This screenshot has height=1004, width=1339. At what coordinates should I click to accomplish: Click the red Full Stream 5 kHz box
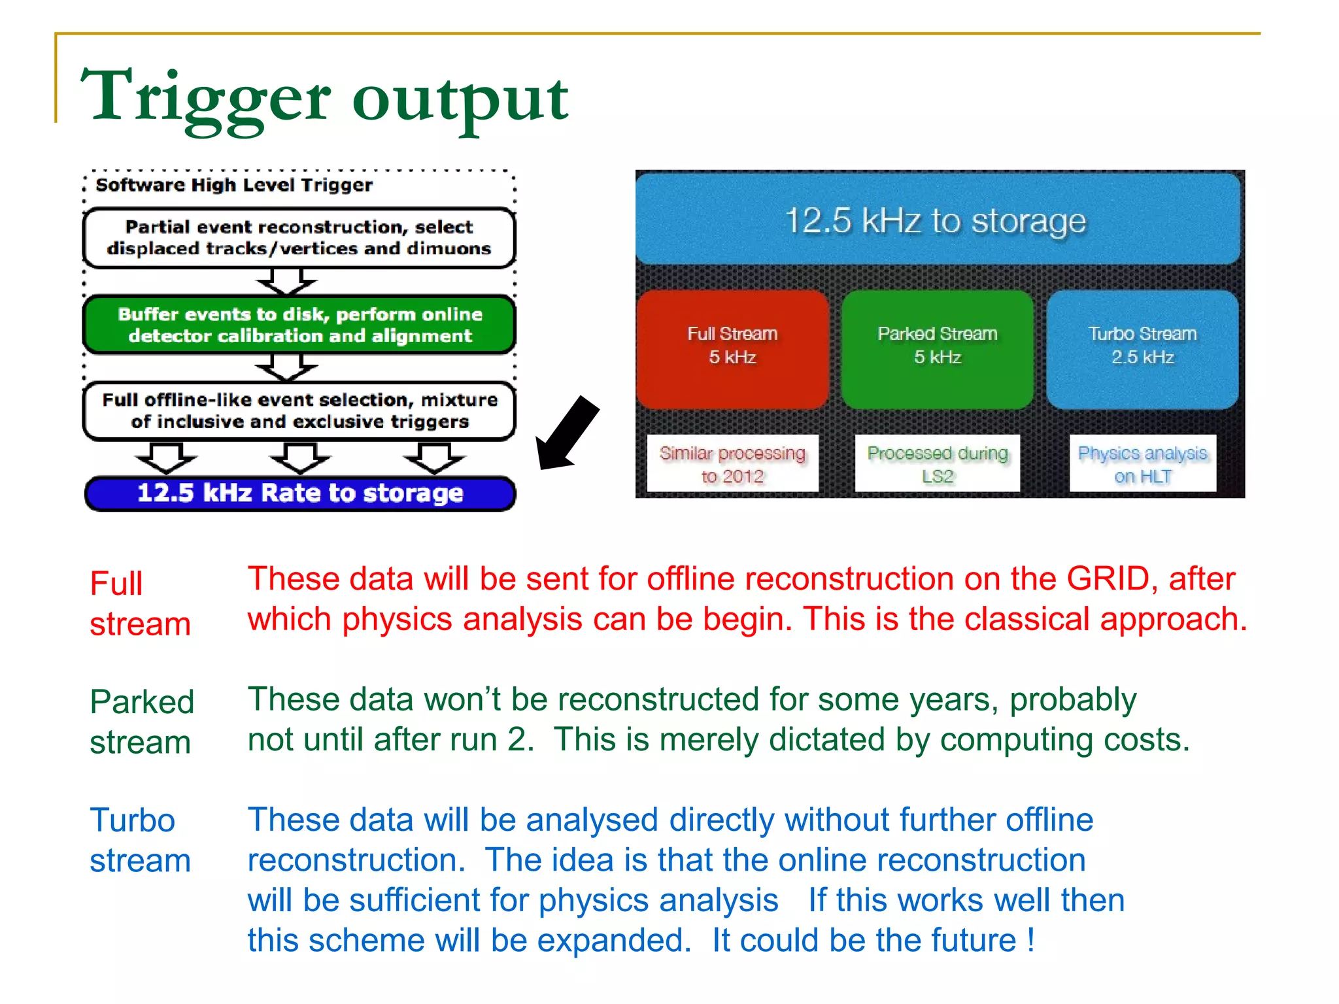pos(732,349)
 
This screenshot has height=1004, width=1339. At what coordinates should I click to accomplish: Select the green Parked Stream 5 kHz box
pos(937,349)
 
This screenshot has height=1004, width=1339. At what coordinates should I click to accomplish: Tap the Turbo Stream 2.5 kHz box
pos(1142,349)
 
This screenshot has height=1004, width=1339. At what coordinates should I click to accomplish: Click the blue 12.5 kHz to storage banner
pos(937,220)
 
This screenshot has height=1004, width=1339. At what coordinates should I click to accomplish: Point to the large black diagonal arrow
pos(566,433)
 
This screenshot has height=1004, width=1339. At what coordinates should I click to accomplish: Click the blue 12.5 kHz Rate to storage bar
pos(300,494)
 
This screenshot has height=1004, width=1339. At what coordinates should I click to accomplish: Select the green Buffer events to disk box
pos(300,325)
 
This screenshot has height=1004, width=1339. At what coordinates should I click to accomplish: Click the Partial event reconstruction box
pos(299,238)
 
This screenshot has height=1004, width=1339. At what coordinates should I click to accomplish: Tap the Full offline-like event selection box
pos(300,410)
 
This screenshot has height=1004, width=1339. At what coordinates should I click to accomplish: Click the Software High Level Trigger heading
pos(234,186)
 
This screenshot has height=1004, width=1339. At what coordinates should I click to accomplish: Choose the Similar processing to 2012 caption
pos(732,463)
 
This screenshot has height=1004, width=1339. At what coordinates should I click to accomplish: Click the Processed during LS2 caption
pos(937,463)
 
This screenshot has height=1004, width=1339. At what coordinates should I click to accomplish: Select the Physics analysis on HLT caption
pos(1142,463)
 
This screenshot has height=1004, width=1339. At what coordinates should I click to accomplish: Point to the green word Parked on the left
pos(142,702)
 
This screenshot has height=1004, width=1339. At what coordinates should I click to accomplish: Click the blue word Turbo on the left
pos(133,820)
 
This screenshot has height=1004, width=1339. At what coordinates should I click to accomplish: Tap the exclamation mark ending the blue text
pos(1031,940)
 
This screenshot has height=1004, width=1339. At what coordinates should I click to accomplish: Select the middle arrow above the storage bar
pos(300,458)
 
